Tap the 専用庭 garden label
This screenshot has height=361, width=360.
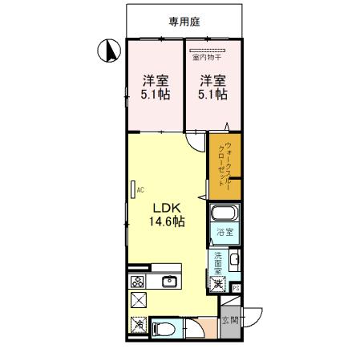[184, 22]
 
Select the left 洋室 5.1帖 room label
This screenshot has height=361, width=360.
[155, 87]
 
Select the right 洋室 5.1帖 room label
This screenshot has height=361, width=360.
[212, 87]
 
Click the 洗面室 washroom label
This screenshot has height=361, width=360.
[218, 262]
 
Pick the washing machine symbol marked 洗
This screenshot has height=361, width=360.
[218, 283]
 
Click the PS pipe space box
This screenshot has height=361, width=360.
[235, 288]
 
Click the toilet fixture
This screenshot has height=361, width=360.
[160, 329]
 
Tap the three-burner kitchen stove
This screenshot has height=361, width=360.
[136, 282]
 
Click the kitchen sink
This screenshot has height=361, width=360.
[169, 281]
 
